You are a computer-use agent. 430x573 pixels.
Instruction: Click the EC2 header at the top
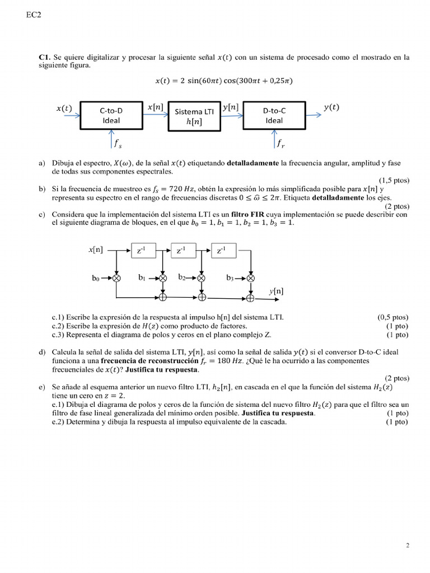(34, 16)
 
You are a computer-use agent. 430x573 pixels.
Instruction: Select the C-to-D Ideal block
(111, 116)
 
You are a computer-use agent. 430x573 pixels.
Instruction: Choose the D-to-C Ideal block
(274, 116)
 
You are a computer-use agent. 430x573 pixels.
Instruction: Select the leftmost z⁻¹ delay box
(142, 251)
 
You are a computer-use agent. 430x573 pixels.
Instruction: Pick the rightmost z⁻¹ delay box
(222, 251)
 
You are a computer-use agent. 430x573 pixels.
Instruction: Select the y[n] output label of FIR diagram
(275, 290)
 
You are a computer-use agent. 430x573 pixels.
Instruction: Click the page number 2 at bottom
(407, 544)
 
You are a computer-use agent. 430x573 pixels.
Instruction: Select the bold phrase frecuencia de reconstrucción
(143, 361)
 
